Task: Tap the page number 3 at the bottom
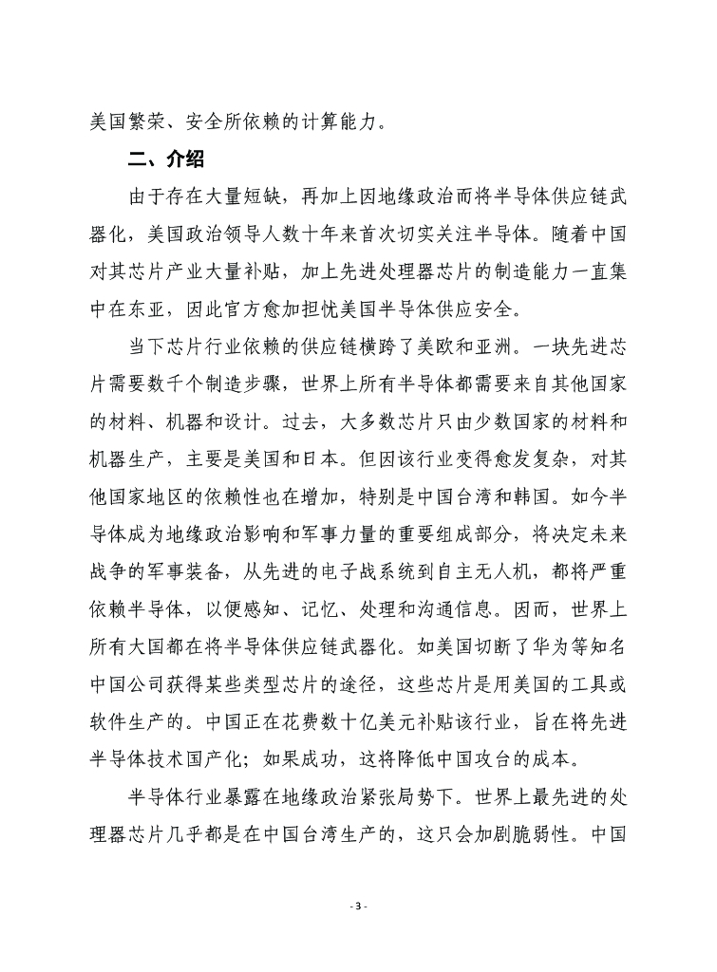click(358, 907)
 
